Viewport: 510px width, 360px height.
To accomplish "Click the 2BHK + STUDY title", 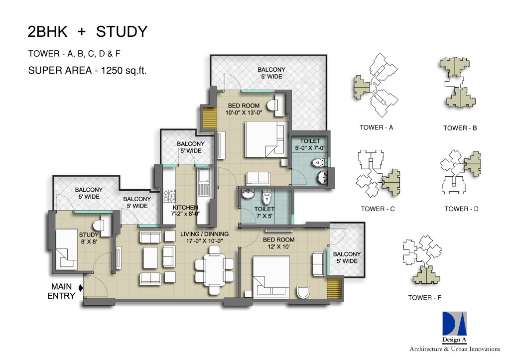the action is pyautogui.click(x=88, y=31).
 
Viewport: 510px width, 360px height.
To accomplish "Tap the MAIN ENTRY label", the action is pyautogui.click(x=61, y=291).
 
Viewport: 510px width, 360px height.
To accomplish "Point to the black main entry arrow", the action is pyautogui.click(x=81, y=287).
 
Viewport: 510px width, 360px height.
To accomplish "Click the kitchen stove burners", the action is pyautogui.click(x=169, y=196).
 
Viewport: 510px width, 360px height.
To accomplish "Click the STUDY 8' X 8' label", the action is pyautogui.click(x=89, y=238).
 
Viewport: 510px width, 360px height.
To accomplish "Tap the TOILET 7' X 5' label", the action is pyautogui.click(x=264, y=212).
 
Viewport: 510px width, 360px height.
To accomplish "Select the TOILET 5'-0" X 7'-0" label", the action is pyautogui.click(x=310, y=144).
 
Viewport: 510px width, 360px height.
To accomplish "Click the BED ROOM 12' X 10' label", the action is pyautogui.click(x=279, y=243).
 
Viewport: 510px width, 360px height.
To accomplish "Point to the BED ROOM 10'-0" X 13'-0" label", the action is pyautogui.click(x=244, y=109).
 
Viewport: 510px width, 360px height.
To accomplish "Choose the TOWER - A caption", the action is pyautogui.click(x=377, y=127).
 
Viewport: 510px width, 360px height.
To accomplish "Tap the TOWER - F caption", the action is pyautogui.click(x=425, y=298).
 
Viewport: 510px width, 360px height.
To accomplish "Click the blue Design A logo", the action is pyautogui.click(x=454, y=324).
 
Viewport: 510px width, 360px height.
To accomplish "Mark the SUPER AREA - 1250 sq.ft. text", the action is pyautogui.click(x=87, y=70).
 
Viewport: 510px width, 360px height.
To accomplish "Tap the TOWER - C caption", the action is pyautogui.click(x=378, y=209).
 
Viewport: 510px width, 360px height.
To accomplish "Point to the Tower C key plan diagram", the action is pyautogui.click(x=379, y=173).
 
